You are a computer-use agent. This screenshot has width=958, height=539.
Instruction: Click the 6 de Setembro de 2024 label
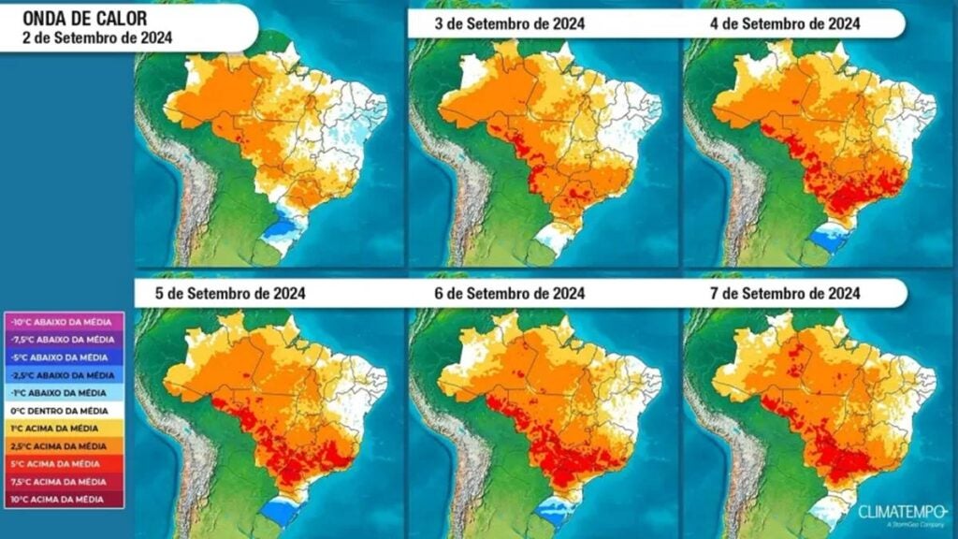click(x=509, y=293)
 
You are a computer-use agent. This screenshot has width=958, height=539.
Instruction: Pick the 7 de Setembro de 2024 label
click(x=783, y=293)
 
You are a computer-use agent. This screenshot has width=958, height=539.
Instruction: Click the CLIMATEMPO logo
click(x=902, y=514)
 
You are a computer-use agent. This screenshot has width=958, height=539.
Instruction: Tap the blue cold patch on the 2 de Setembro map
click(x=280, y=228)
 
